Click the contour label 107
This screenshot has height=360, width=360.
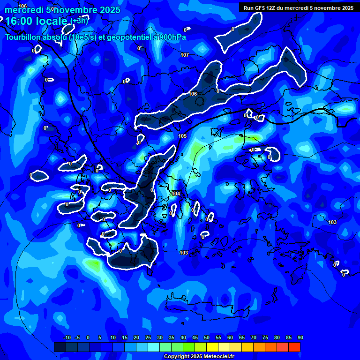pyautogui.click(x=185, y=55)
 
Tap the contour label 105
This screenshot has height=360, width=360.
pyautogui.click(x=182, y=136)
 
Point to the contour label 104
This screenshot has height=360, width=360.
pyautogui.click(x=176, y=194)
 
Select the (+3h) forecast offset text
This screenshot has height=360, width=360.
pyautogui.click(x=79, y=21)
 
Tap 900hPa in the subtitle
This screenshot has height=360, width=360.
pyautogui.click(x=171, y=37)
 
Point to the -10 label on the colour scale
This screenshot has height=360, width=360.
pyautogui.click(x=67, y=338)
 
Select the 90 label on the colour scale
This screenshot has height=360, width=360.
pyautogui.click(x=300, y=338)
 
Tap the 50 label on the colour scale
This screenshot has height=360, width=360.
pyautogui.click(x=207, y=338)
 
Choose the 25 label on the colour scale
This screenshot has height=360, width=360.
pyautogui.click(x=148, y=338)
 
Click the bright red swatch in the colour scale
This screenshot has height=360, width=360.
pyautogui.click(x=294, y=347)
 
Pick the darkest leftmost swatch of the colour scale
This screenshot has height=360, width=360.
pyautogui.click(x=60, y=347)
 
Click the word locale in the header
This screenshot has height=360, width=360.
pyautogui.click(x=51, y=21)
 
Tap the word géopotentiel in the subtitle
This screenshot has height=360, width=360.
pyautogui.click(x=127, y=37)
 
